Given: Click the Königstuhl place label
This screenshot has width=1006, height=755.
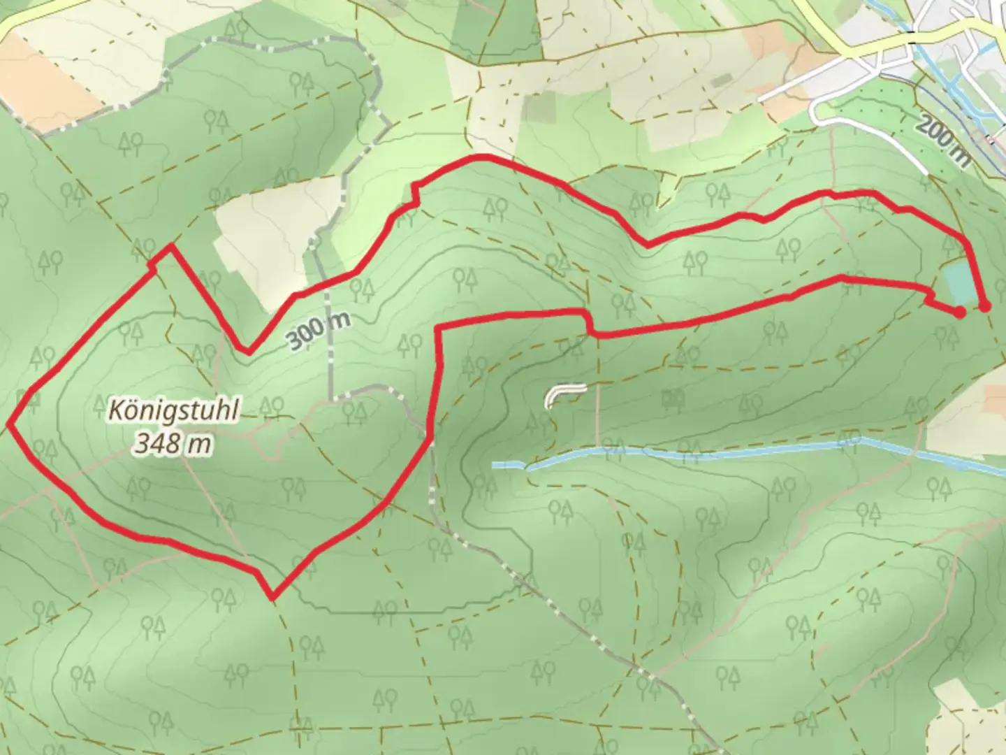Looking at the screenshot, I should (x=173, y=410).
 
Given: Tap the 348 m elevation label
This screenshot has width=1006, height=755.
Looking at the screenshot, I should (x=173, y=443).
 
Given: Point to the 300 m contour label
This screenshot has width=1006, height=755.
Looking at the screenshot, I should (x=318, y=331).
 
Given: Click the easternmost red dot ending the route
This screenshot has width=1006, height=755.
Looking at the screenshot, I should (x=985, y=306).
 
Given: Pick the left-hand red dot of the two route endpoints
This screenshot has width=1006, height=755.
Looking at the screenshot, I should (x=960, y=312).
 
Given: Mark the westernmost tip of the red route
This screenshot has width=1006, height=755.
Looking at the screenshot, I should (x=10, y=423).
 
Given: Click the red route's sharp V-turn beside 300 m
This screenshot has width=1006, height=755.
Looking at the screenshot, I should (x=247, y=352).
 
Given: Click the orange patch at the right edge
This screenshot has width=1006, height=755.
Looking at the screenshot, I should (x=996, y=398).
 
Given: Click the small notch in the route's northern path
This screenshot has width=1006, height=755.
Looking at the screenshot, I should (x=415, y=194).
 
